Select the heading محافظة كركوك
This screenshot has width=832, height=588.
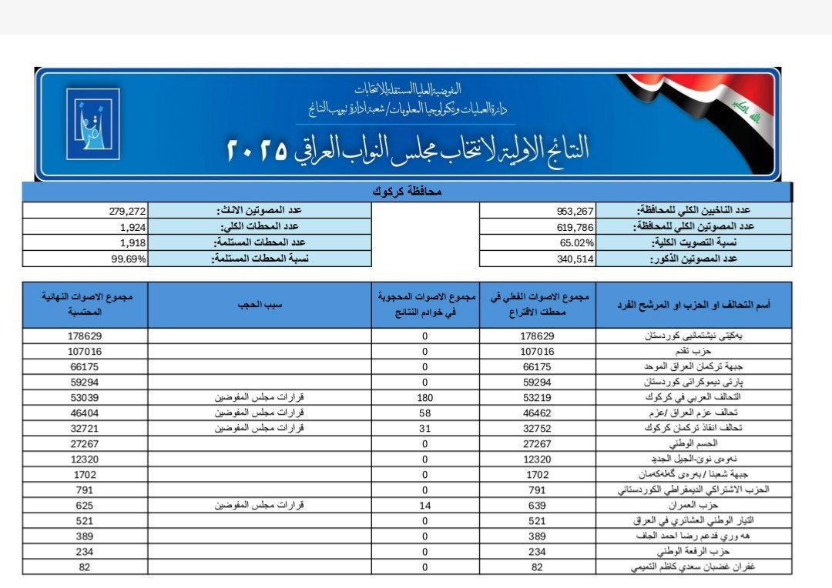click(x=407, y=191)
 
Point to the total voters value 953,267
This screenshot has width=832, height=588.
click(x=575, y=210)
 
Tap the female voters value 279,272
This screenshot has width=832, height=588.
click(x=126, y=210)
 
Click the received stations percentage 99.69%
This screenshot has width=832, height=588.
click(x=128, y=259)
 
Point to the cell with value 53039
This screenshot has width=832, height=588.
click(x=85, y=397)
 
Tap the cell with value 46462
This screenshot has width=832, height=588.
click(x=537, y=413)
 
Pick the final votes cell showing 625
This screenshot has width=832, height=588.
click(x=85, y=505)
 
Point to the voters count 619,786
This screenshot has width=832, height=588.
click(x=575, y=226)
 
